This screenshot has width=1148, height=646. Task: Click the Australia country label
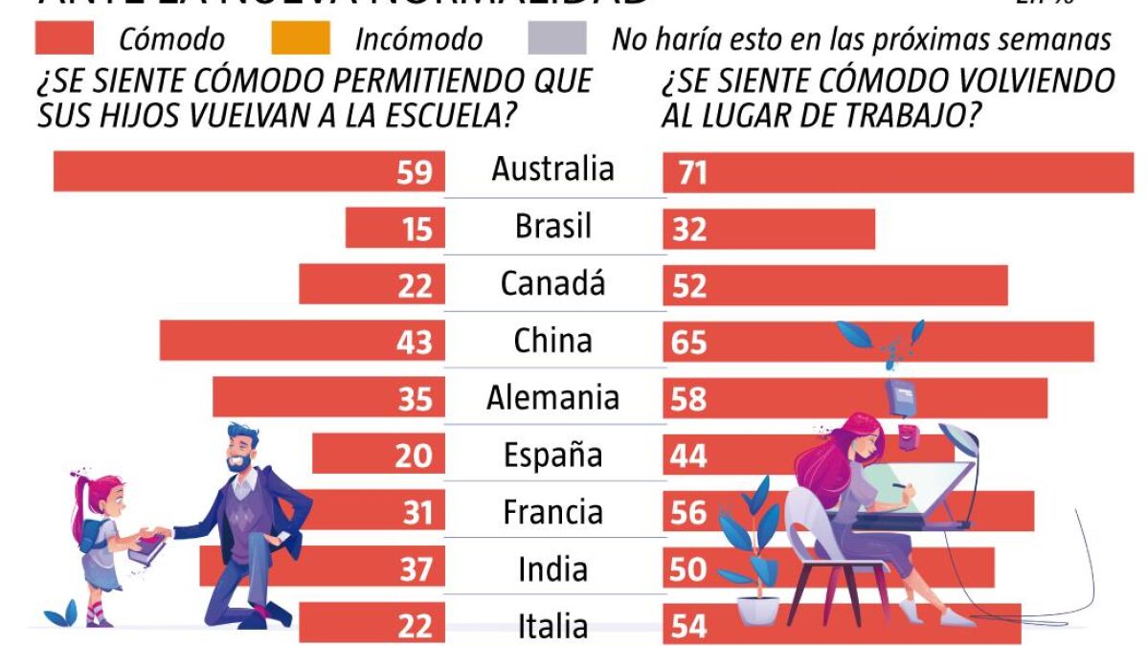[x=552, y=169]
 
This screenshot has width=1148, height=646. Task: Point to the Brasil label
[x=552, y=227]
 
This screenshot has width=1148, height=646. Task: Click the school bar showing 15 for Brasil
[x=393, y=228]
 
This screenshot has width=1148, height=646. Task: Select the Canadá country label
[x=552, y=283]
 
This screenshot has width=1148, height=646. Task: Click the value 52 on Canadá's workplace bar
[x=689, y=286]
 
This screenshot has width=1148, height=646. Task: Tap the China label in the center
[x=552, y=341]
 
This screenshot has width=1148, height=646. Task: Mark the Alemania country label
[x=552, y=397]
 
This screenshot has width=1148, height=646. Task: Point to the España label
[x=552, y=455]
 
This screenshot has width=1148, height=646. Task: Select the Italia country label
[x=552, y=626]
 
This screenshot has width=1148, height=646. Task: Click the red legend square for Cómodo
[x=64, y=39]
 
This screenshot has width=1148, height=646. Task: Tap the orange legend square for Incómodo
[x=301, y=39]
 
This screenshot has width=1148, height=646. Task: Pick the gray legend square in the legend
[x=556, y=39]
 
